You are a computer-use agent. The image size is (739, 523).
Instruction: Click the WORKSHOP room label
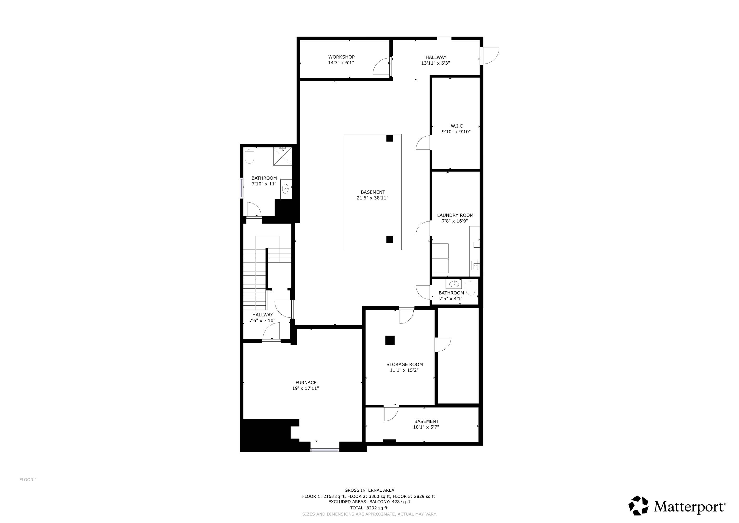pos(341,57)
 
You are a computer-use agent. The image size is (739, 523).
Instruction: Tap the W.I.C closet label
pos(457,126)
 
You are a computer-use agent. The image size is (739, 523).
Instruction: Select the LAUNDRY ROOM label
pos(455,215)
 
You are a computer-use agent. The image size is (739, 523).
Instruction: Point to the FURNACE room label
pos(306,383)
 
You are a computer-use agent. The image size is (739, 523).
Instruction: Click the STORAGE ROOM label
pos(405,365)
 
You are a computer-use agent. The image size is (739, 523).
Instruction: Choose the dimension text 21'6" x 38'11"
pos(372,198)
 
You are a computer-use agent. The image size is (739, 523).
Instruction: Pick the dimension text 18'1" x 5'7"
pos(426,427)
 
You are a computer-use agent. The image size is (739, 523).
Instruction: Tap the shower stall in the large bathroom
pos(282,156)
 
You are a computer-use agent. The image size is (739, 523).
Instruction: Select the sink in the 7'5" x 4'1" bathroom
pos(454,284)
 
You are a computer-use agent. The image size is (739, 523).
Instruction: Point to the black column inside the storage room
pos(390,340)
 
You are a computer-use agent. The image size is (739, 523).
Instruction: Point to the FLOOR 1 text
pos(28,480)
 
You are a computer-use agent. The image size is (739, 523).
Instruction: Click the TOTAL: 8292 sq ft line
pos(369,508)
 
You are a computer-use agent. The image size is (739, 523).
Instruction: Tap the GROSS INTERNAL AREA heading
pos(369,490)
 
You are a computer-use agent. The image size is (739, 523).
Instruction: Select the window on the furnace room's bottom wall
pos(325,447)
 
